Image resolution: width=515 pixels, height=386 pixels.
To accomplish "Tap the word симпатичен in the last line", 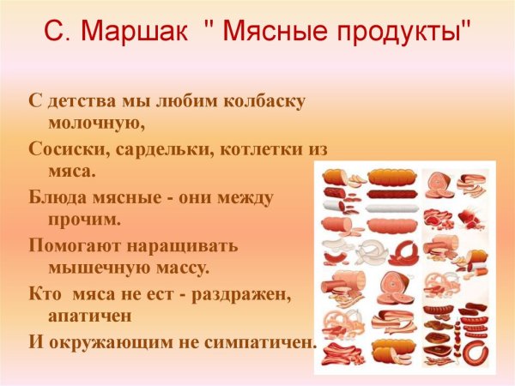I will [x=264, y=341].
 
